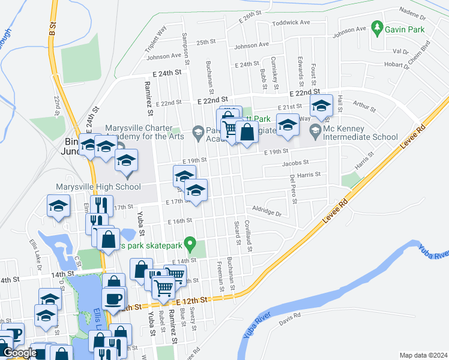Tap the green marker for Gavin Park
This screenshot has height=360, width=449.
click(x=377, y=27)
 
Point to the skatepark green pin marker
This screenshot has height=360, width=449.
click(x=190, y=244)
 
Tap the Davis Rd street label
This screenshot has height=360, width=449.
click(x=289, y=316)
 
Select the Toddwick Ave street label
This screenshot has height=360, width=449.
click(x=291, y=22)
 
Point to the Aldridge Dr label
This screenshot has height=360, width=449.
click(x=267, y=212)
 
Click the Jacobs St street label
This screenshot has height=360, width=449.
click(x=295, y=162)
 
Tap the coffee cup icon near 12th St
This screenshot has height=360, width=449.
click(x=113, y=298)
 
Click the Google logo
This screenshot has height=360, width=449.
click(x=19, y=353)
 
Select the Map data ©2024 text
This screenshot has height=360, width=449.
click(x=423, y=355)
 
